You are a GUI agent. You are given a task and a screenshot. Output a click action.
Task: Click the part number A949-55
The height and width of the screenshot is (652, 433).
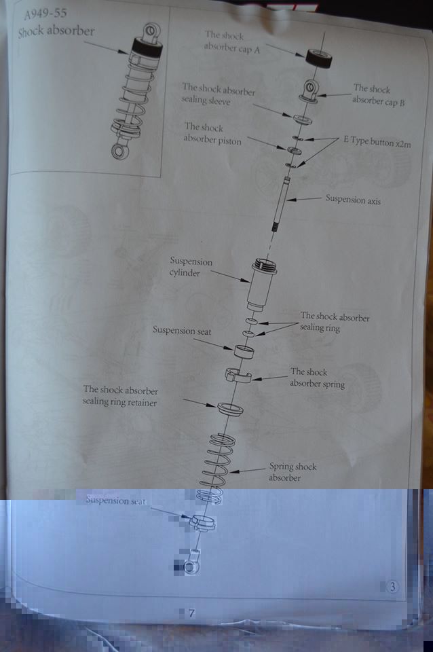45,14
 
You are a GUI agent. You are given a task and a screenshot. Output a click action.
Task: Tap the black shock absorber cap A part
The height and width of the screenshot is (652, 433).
319,58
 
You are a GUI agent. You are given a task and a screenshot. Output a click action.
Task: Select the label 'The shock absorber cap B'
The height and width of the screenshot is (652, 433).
378,95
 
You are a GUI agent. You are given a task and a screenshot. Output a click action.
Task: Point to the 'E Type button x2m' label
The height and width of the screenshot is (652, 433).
377,142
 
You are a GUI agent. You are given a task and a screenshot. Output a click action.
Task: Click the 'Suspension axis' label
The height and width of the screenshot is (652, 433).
353,199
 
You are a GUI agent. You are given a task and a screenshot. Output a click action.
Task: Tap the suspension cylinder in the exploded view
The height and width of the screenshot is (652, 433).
262,285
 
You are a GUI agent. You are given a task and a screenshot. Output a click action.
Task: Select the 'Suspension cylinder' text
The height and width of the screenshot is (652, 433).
191,267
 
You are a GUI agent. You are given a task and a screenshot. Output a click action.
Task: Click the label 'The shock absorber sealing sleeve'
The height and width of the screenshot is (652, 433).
218,94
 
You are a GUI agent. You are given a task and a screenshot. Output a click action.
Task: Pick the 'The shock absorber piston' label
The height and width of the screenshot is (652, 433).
212,134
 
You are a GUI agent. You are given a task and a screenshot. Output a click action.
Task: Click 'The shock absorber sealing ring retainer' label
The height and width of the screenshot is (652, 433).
120,396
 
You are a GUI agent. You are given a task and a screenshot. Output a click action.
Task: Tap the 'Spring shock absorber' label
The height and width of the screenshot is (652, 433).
293,472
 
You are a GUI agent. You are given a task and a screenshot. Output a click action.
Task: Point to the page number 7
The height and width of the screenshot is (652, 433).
191,613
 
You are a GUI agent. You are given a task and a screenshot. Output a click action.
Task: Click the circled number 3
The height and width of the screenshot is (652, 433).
392,587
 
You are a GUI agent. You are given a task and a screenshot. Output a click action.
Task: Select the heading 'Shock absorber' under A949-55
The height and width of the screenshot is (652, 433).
56,31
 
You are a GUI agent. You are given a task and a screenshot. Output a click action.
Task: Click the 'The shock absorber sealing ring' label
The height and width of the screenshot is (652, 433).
335,322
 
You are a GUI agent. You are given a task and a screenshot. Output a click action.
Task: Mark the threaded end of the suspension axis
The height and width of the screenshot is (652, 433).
275,227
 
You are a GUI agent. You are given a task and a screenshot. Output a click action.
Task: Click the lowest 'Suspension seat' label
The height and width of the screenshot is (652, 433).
115,501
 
